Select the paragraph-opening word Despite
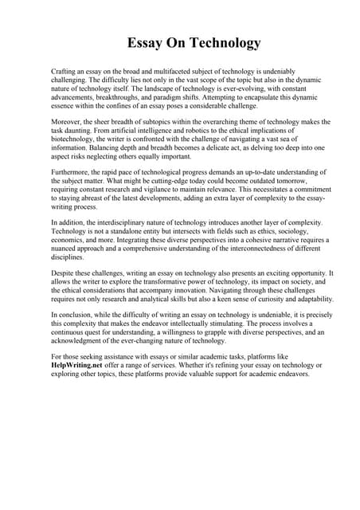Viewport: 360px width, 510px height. coord(63,273)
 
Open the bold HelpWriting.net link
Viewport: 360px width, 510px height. coord(78,365)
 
